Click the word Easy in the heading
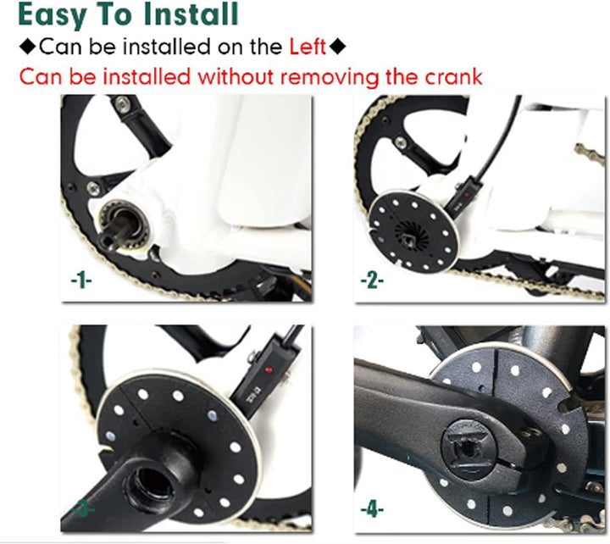(x=52, y=14)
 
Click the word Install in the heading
(x=191, y=14)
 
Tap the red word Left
(x=307, y=47)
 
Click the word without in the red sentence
(x=236, y=76)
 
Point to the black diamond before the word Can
(x=27, y=47)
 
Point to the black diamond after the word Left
(x=337, y=47)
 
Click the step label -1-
(x=81, y=280)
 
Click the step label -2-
(x=372, y=280)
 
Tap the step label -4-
(x=372, y=509)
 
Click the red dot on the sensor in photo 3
(x=268, y=369)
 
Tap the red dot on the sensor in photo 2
(x=467, y=194)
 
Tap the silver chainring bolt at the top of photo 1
(x=123, y=103)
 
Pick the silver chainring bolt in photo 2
(x=400, y=143)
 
